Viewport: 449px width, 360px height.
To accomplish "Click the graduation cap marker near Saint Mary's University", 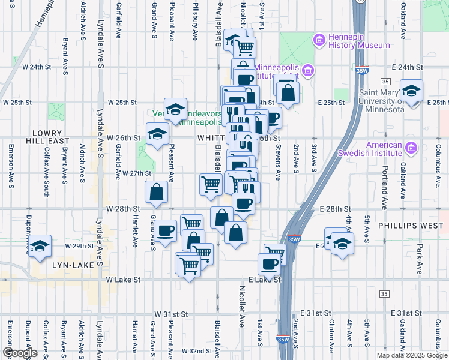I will click(x=411, y=91).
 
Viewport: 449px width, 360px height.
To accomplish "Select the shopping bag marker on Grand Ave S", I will click(x=156, y=192).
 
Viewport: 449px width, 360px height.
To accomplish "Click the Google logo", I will click(x=20, y=353).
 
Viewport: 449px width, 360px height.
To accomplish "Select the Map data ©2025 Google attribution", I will click(x=411, y=355).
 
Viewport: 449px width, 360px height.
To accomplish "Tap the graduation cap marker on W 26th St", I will click(x=157, y=134).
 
